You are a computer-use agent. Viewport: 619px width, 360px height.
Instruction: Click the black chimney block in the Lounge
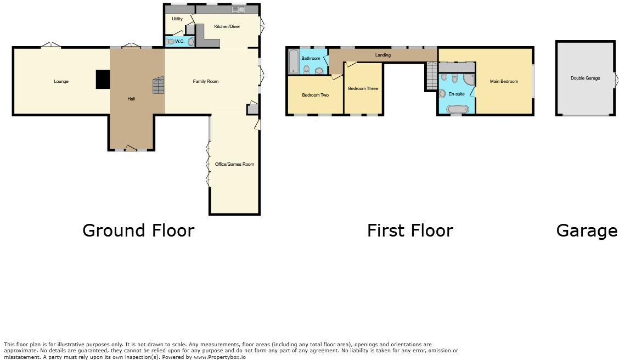(x=103, y=79)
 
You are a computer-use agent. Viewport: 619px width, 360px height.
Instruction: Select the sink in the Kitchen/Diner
(x=239, y=9)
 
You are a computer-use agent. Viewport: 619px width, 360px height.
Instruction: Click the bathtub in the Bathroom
(x=292, y=61)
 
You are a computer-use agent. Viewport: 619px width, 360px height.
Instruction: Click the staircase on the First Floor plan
(x=431, y=76)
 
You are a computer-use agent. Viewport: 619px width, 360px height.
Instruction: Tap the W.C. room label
(x=179, y=41)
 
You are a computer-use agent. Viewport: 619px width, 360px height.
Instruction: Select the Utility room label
(x=177, y=19)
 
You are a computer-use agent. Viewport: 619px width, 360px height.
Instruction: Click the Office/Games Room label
(x=234, y=164)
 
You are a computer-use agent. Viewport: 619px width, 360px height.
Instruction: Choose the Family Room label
(x=205, y=82)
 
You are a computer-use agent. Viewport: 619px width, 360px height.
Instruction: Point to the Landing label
(x=382, y=55)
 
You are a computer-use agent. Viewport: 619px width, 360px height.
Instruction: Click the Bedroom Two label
(x=315, y=95)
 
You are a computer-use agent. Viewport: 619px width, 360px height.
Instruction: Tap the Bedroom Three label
(x=363, y=88)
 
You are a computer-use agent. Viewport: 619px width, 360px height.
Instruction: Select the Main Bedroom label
(x=503, y=82)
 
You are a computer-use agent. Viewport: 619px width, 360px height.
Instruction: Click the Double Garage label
(x=584, y=78)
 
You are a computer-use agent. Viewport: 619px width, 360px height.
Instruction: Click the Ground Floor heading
(x=138, y=230)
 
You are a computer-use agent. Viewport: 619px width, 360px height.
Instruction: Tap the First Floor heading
(x=409, y=230)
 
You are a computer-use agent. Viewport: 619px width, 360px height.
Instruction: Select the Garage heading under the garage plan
(x=586, y=230)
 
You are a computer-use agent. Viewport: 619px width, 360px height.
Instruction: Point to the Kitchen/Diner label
(x=227, y=26)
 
